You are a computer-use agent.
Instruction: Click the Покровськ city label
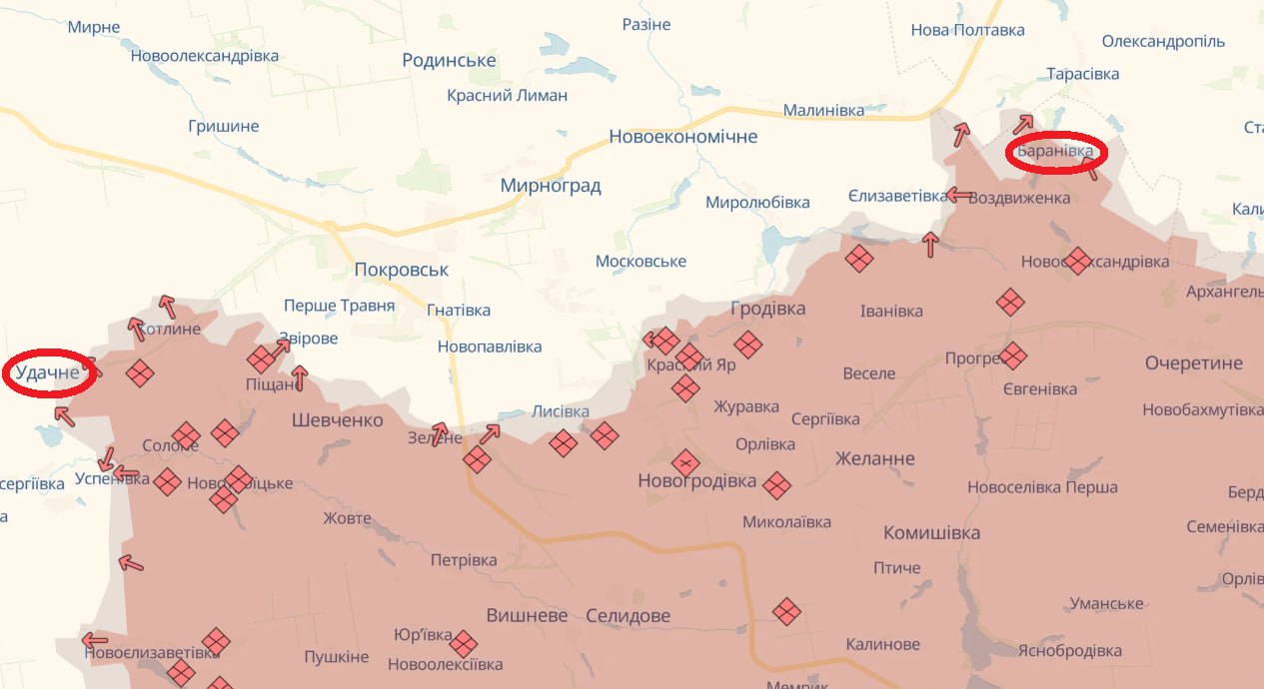[x=402, y=270]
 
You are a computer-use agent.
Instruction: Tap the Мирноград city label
[x=551, y=186]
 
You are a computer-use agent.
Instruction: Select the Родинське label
[x=449, y=61]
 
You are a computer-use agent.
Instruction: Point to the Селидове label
[x=628, y=616]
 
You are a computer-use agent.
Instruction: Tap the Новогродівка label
[x=696, y=481]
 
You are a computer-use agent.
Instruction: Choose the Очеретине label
[x=1193, y=363]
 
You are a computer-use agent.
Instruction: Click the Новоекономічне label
[x=682, y=137]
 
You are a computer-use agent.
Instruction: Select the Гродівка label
[x=767, y=309]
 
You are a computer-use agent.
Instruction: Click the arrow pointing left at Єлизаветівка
[x=960, y=195]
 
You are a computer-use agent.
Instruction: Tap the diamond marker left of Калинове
[x=787, y=611]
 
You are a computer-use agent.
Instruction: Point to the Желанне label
[x=874, y=459]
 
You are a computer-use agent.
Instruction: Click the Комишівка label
[x=931, y=533]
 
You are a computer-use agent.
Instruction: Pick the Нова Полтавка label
[x=967, y=30]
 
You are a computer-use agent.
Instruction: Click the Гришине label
[x=223, y=127]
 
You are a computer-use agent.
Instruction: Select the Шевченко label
[x=337, y=420]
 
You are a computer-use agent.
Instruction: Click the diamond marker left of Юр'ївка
[x=464, y=643]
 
